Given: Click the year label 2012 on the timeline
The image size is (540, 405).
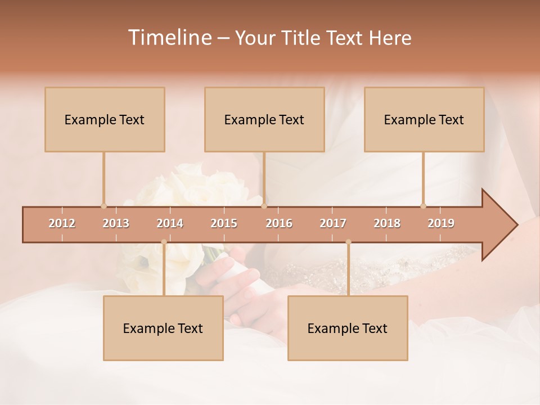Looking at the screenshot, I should (x=62, y=223).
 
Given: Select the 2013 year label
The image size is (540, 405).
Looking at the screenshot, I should (x=116, y=223).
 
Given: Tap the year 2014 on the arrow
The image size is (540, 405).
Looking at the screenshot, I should (x=170, y=223).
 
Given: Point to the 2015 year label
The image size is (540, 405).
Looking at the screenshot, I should (x=224, y=223).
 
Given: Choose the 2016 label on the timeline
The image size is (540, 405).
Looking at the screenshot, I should (x=279, y=223).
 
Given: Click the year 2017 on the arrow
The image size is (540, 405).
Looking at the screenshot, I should (x=333, y=223).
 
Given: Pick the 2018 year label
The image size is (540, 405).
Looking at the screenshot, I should (x=387, y=223).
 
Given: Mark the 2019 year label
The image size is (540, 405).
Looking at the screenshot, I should (x=441, y=223).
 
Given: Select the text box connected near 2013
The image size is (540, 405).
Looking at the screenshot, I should (x=105, y=120).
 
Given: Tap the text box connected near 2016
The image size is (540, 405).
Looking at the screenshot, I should (x=264, y=120).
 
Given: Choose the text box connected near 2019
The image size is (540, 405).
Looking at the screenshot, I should (x=424, y=120).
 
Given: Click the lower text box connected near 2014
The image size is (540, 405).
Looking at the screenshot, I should (x=163, y=328).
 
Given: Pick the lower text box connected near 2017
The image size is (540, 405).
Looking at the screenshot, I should (x=348, y=328).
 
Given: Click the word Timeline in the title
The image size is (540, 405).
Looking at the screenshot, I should (x=169, y=38).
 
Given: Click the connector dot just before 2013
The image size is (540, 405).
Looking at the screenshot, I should (x=103, y=206).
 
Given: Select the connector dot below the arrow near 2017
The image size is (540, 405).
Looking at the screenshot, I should (x=348, y=242).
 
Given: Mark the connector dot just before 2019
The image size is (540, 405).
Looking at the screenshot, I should (x=423, y=206).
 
